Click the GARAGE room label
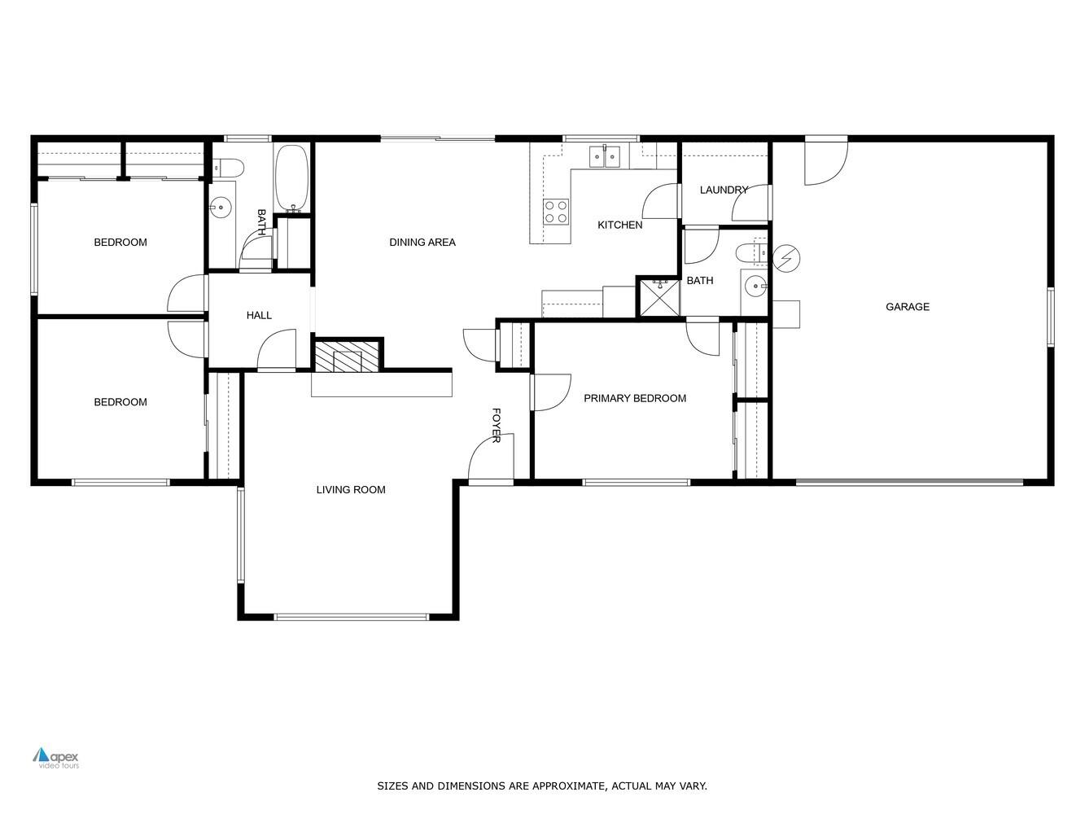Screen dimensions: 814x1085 (x=907, y=307)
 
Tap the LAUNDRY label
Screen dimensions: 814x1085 (x=723, y=190)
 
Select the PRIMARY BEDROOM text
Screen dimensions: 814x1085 (x=634, y=398)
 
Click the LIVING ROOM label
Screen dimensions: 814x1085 (x=351, y=489)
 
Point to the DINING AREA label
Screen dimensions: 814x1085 (x=422, y=242)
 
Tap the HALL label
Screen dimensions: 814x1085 (x=259, y=315)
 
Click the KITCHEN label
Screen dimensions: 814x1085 (x=619, y=225)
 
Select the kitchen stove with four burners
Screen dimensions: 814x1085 (x=556, y=212)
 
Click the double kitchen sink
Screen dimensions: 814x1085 (x=605, y=155)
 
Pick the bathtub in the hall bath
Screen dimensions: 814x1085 (x=291, y=178)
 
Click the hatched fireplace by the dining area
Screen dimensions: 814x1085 (x=348, y=356)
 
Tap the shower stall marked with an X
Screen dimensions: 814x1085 (x=658, y=298)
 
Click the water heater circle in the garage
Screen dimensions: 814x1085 (x=786, y=258)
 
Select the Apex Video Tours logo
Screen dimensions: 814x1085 (x=56, y=757)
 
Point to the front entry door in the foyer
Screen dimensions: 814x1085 (x=490, y=460)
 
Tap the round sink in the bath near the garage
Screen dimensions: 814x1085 (x=756, y=286)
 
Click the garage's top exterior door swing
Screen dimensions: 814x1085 (x=825, y=162)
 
